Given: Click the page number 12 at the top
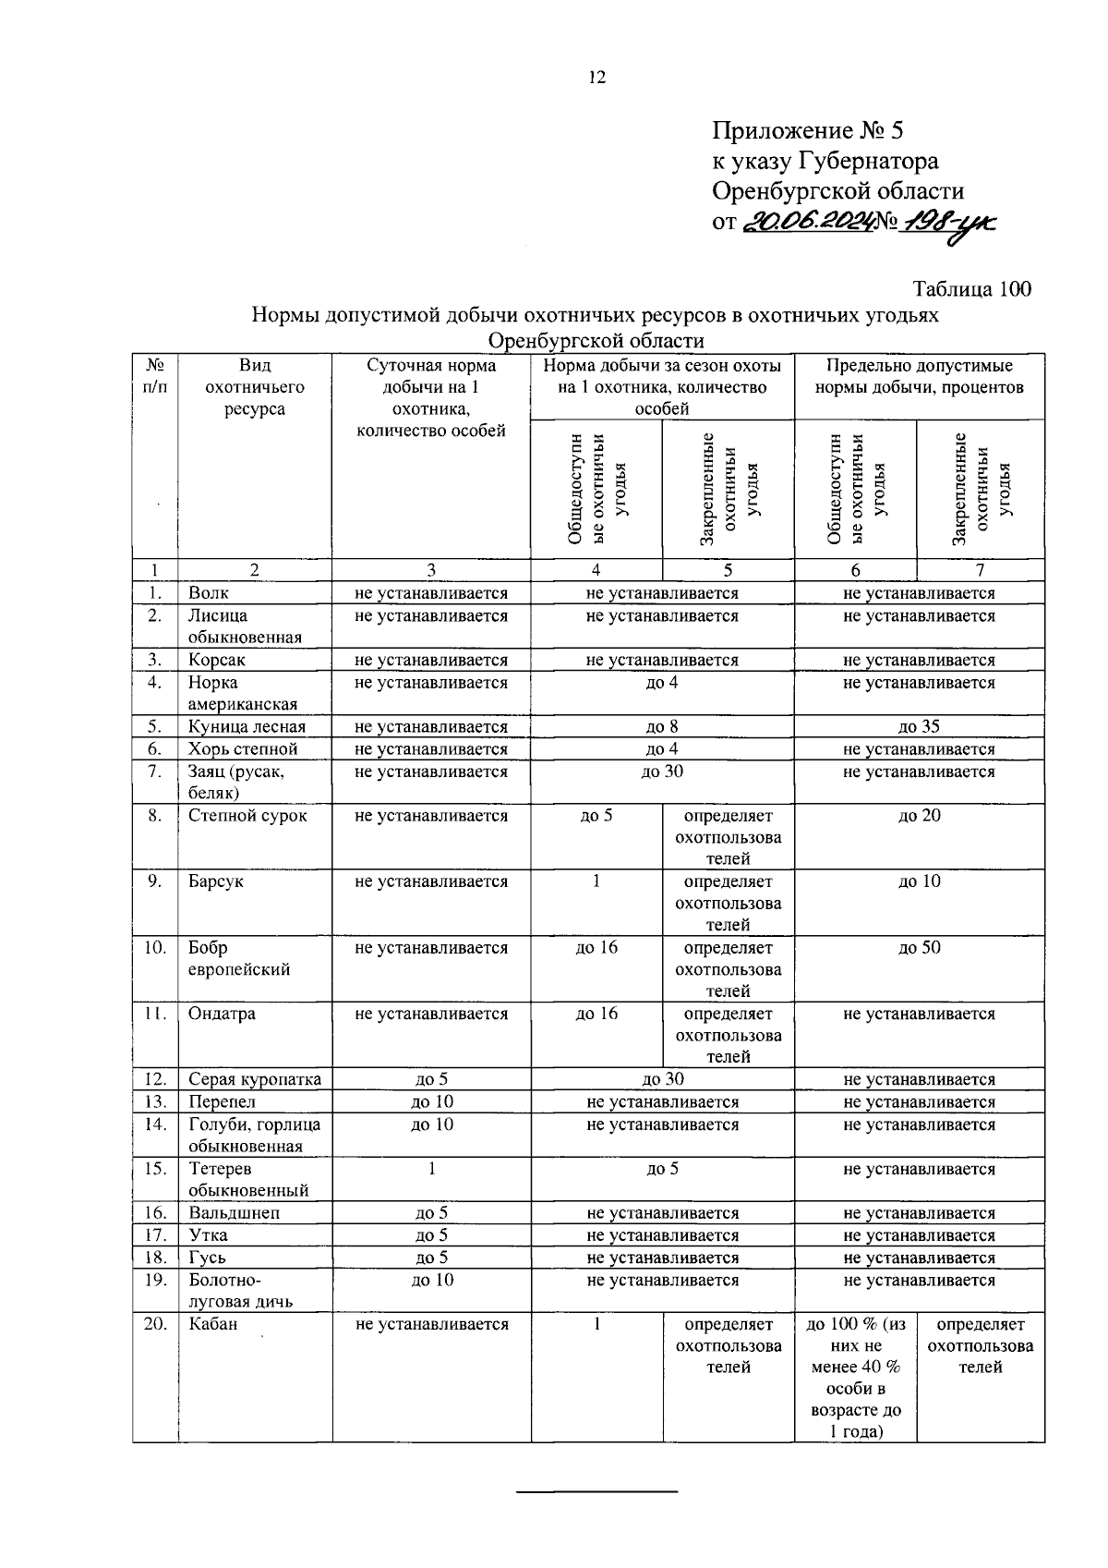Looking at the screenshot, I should coord(596,78).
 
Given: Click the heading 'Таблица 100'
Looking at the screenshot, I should coord(971,288).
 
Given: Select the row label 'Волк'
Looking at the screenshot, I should coord(209,593).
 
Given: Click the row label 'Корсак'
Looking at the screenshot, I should coord(216,660).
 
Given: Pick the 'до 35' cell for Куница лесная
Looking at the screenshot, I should coord(919,726).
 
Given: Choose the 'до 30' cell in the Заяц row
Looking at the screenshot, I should coord(662,772).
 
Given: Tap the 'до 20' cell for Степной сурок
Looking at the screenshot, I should coord(919,816).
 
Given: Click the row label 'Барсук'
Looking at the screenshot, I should coord(216,881).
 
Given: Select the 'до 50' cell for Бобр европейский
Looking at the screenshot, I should coord(919,948).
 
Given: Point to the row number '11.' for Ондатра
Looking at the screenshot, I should coord(154,1014).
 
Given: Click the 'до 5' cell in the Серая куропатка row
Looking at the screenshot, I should coord(431,1079).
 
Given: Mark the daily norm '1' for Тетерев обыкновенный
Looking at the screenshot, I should coord(431,1169).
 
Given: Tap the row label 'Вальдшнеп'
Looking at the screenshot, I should coord(234,1213).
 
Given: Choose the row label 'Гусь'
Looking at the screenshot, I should coord(207,1258).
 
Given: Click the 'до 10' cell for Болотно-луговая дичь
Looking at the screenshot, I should coord(431,1280).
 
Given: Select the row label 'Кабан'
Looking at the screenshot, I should coord(213,1324).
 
